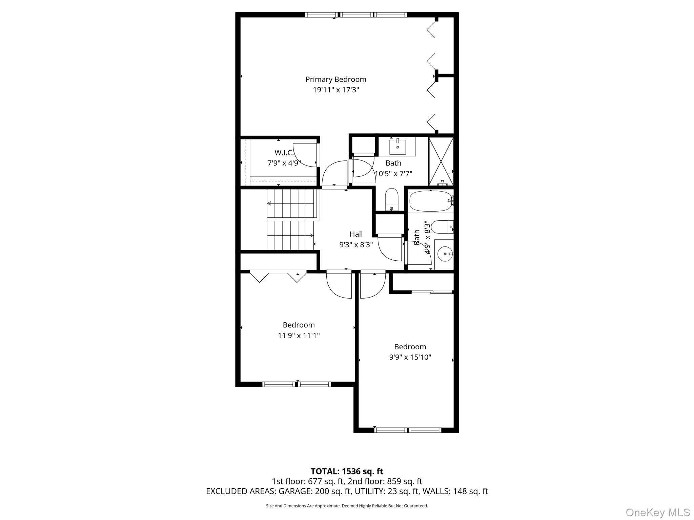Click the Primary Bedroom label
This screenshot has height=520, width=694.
[335, 79]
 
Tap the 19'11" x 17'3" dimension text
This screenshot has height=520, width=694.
[335, 90]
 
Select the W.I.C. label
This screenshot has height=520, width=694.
[284, 153]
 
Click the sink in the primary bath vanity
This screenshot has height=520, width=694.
[397, 147]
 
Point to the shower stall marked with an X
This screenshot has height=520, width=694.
[441, 161]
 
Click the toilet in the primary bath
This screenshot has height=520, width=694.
[391, 199]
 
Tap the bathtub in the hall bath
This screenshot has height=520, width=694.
[430, 201]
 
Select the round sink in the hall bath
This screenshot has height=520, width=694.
[444, 253]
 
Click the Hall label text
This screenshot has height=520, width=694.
[356, 234]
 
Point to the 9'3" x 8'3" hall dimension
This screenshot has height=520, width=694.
[356, 245]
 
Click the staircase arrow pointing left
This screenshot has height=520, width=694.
[269, 203]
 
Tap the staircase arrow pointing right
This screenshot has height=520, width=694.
[311, 235]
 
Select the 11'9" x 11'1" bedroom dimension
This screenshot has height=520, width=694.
[299, 335]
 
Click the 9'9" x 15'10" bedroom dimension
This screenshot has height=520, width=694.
[410, 357]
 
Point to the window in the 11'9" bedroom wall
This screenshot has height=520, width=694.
[297, 384]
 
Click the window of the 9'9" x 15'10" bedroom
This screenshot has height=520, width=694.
[407, 430]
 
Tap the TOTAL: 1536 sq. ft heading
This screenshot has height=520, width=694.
[347, 471]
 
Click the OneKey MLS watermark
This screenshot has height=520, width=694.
[657, 513]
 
